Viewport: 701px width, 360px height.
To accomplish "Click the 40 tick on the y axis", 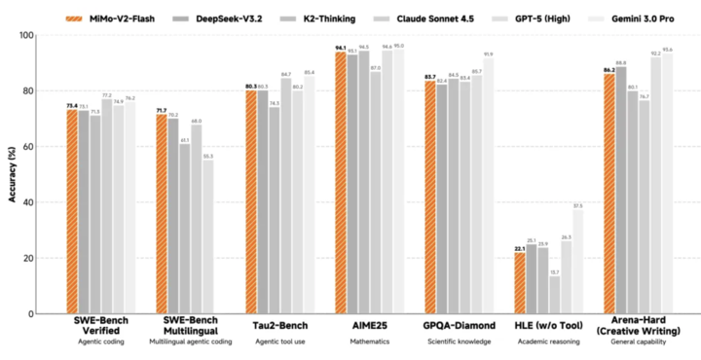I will [55, 203].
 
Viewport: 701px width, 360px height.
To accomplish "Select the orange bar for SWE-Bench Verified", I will [72, 212].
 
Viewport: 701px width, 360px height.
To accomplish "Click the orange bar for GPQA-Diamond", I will [429, 198].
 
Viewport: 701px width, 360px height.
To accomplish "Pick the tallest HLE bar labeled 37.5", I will [578, 262].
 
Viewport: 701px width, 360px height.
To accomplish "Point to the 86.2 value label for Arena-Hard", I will [609, 68].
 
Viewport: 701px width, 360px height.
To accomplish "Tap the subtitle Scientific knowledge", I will [460, 342].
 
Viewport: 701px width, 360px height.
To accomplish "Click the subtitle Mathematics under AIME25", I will [370, 342].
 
